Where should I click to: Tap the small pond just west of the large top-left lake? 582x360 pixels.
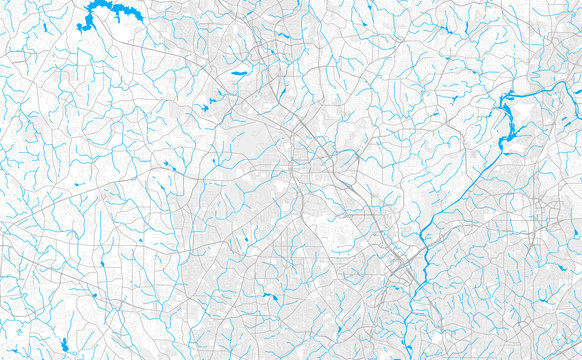(x=80, y=25)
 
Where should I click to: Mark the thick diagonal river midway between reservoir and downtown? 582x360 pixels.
(x=460, y=190)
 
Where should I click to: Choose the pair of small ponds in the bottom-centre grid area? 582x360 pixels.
(x=270, y=296)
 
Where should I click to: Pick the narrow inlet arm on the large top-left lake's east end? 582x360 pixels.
(x=134, y=15)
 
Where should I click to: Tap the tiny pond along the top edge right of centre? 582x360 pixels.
(x=369, y=9)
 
